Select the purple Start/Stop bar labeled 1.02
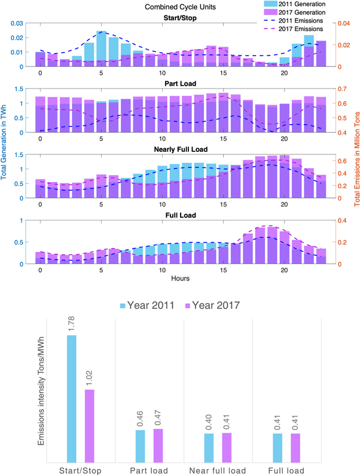click(x=89, y=425)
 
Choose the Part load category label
click(x=150, y=469)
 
